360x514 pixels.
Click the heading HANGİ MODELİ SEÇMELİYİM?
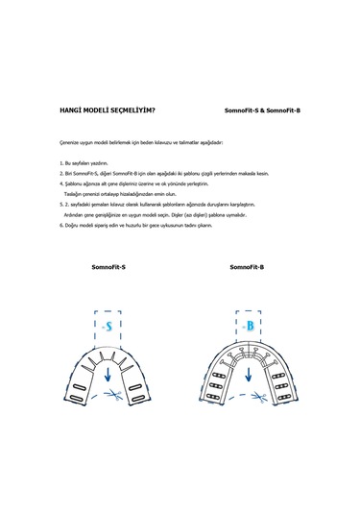point(108,111)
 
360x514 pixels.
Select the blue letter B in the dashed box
point(249,327)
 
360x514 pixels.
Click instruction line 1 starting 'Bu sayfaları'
point(86,164)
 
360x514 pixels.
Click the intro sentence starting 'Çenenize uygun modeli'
point(140,141)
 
